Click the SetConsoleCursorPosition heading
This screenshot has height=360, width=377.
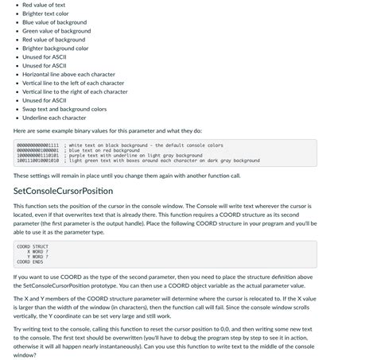(x=63, y=192)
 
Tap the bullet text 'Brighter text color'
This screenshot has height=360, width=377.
(x=45, y=14)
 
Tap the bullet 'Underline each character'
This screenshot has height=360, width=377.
(x=54, y=118)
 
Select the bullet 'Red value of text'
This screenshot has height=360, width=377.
(x=44, y=5)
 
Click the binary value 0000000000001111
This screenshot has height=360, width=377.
(x=37, y=145)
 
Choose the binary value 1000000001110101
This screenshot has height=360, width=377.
(x=37, y=155)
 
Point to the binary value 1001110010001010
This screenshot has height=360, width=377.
(x=37, y=160)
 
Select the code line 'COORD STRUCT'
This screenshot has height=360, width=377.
(x=33, y=246)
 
